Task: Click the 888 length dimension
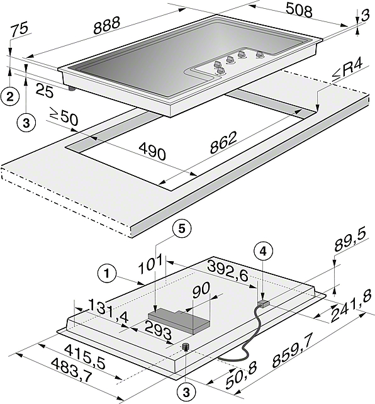tap(106, 25)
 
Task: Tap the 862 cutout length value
tap(223, 143)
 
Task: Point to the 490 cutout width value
tap(152, 151)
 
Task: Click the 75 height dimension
tap(20, 29)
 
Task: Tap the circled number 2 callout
tap(10, 97)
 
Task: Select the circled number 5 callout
tap(182, 229)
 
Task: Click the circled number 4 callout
tap(263, 252)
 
